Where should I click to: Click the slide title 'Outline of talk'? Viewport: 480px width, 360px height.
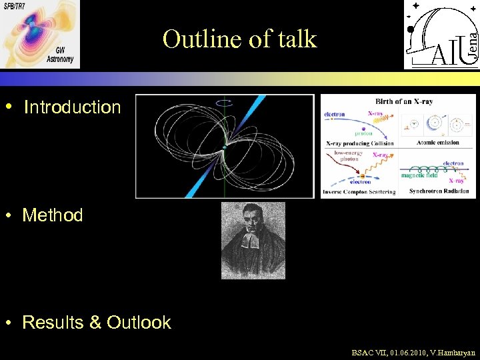tap(239, 39)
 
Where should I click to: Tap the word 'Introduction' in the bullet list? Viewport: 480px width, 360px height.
tap(72, 107)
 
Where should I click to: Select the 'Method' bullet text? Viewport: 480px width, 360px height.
tap(53, 215)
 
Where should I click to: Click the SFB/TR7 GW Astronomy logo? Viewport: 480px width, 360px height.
tap(39, 34)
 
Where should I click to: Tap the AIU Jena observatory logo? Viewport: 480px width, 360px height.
tap(441, 35)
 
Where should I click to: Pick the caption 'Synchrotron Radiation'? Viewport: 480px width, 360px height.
tap(438, 191)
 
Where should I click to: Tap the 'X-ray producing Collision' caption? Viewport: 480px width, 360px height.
tap(360, 143)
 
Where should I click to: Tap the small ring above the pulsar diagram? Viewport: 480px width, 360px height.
tap(225, 102)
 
